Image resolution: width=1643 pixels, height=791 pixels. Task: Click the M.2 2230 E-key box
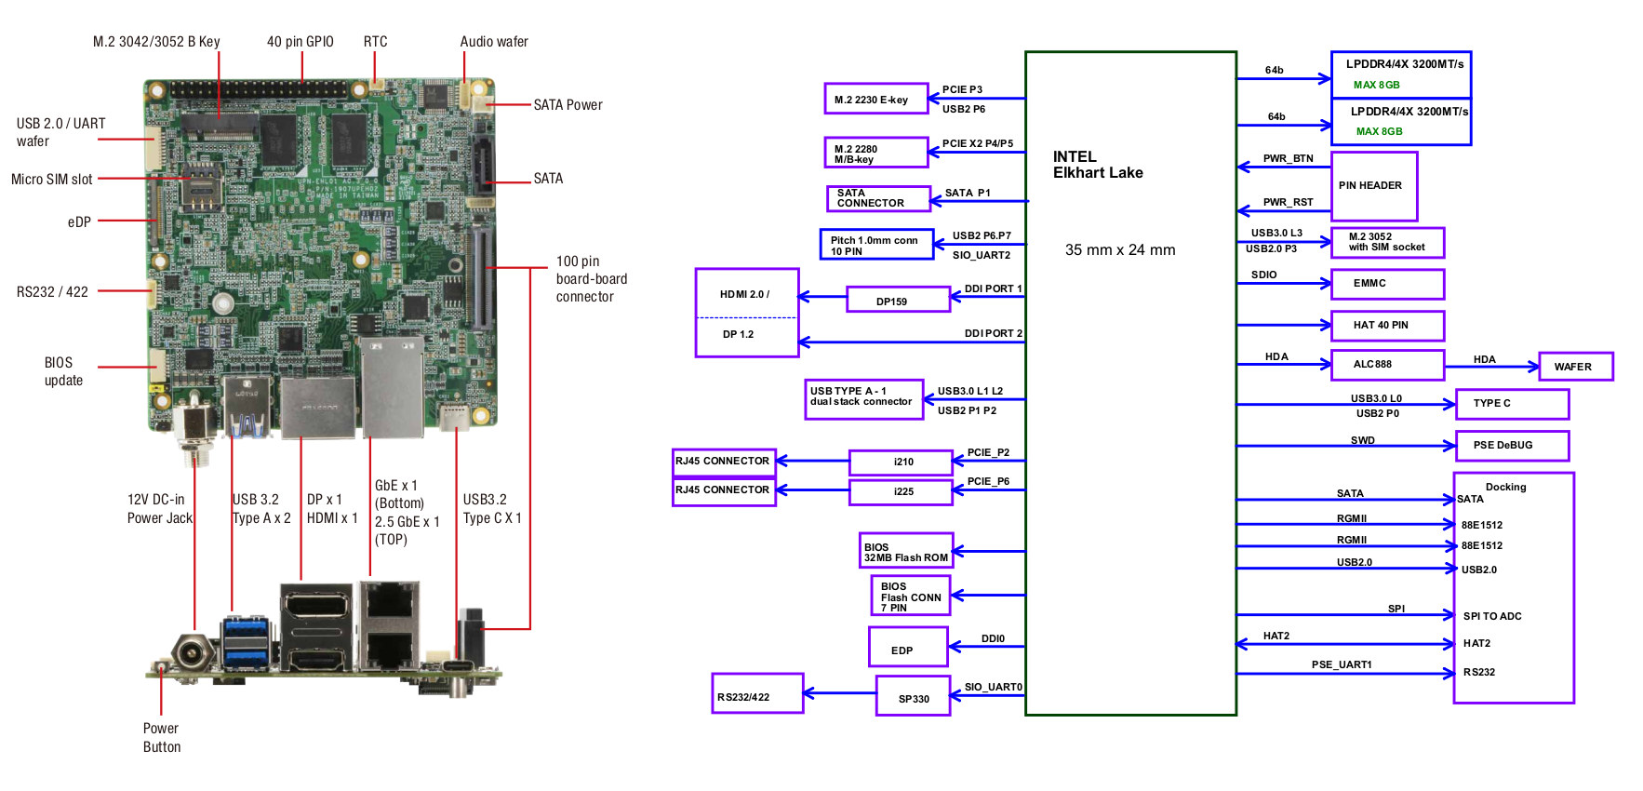click(875, 99)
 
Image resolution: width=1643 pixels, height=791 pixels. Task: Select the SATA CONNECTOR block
click(878, 198)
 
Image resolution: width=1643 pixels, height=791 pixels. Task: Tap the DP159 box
click(898, 300)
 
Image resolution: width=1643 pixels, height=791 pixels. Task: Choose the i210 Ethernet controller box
click(901, 463)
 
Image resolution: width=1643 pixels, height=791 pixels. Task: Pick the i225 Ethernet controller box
click(901, 491)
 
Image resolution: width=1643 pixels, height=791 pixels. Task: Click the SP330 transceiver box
click(913, 697)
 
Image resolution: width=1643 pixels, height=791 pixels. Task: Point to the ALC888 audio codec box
click(1387, 365)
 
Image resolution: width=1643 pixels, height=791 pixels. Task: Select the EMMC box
click(1387, 284)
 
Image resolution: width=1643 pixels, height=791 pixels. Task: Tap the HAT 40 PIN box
click(1387, 326)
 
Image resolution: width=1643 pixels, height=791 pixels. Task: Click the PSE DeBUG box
click(1512, 446)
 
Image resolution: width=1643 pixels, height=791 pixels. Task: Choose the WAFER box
click(1576, 367)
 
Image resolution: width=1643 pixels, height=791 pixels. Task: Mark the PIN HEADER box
click(1374, 186)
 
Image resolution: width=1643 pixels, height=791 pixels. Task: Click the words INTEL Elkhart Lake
click(1098, 165)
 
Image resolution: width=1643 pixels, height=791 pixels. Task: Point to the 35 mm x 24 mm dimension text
click(1120, 249)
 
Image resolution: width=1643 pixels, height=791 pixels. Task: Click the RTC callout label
click(375, 42)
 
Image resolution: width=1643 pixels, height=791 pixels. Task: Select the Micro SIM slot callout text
click(51, 179)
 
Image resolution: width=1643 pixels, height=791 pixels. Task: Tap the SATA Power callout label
click(568, 105)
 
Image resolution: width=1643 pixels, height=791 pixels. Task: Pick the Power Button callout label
click(162, 738)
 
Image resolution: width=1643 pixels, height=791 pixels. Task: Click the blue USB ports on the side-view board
click(247, 641)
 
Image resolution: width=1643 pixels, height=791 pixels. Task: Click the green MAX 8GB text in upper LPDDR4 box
click(1376, 85)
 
